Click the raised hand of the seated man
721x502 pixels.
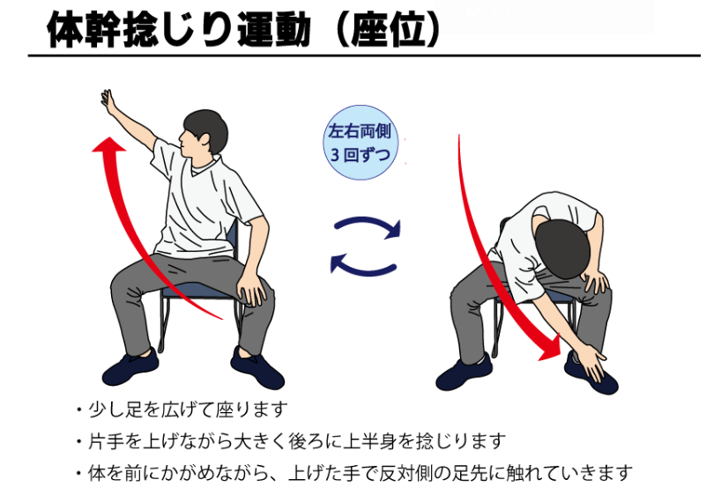[108, 100]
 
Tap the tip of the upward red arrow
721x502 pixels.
[109, 137]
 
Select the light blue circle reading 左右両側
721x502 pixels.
[360, 143]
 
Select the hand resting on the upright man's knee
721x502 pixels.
[250, 290]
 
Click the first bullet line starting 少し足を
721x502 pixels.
[183, 410]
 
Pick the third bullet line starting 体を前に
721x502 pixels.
[354, 473]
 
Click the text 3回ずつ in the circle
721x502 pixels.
[360, 155]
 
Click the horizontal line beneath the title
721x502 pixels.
[364, 55]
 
